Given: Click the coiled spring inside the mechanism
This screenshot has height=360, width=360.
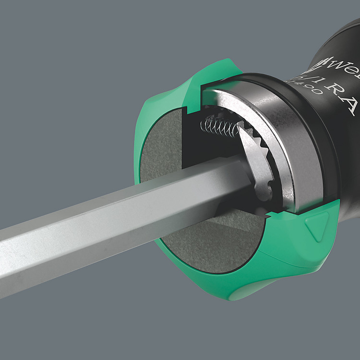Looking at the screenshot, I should tap(218, 126).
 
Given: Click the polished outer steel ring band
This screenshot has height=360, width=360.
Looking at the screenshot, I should tap(293, 144).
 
